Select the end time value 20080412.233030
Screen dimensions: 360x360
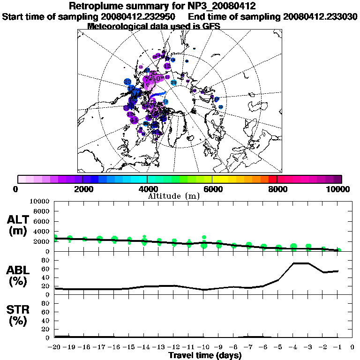pyautogui.click(x=320, y=16)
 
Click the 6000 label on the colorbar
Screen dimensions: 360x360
pyautogui.click(x=212, y=189)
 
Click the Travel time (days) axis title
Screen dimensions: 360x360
pyautogui.click(x=205, y=356)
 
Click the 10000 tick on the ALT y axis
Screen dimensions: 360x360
pyautogui.click(x=39, y=202)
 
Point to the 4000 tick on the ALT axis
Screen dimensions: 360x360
pyautogui.click(x=41, y=231)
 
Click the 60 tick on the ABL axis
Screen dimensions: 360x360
pyautogui.click(x=45, y=269)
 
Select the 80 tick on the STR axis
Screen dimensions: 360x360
pyautogui.click(x=45, y=303)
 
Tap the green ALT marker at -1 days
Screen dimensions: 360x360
pyautogui.click(x=339, y=250)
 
